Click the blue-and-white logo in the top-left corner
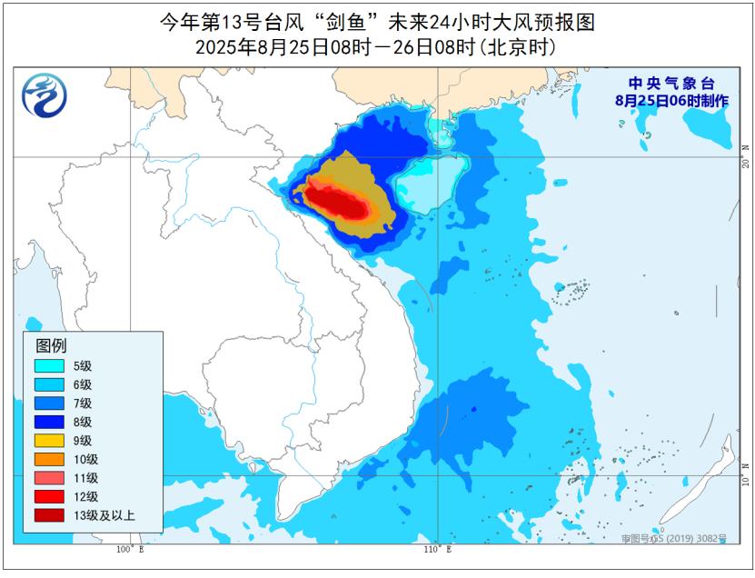[45, 95]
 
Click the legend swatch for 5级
[50, 366]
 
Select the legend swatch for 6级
[50, 384]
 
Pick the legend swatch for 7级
[50, 403]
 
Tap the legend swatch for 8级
[50, 422]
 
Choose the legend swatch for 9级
[50, 441]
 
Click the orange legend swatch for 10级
[50, 459]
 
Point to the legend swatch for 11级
[50, 478]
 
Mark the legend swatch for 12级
[50, 497]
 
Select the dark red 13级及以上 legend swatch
[50, 516]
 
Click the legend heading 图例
[51, 345]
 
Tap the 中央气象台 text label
[671, 84]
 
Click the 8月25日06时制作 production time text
[671, 101]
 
